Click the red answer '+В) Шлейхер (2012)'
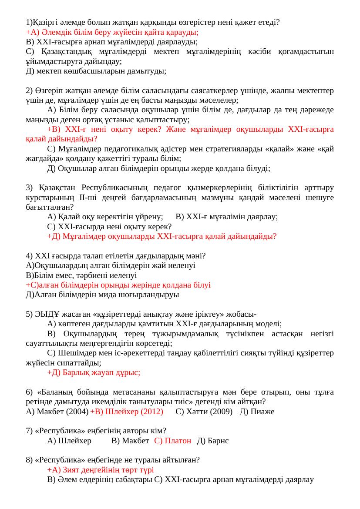point(126,412)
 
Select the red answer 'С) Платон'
point(172,441)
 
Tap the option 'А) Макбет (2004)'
point(57,412)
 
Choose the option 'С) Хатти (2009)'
point(204,412)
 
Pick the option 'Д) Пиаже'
point(257,412)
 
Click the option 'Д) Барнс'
point(213,441)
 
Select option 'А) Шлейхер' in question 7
point(69,441)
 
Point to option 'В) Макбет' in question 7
point(130,441)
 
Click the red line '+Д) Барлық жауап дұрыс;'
point(94,372)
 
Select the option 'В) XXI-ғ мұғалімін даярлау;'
point(226,217)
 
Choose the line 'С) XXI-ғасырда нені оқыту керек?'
point(109,227)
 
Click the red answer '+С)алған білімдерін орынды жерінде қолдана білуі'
point(118,285)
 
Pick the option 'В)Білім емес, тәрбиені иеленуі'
point(81,275)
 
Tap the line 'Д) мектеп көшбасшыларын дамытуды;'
point(96,70)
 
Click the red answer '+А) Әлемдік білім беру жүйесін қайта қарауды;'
point(112,32)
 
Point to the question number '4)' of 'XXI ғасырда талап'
point(29,256)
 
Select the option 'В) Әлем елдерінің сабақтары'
point(100,480)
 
